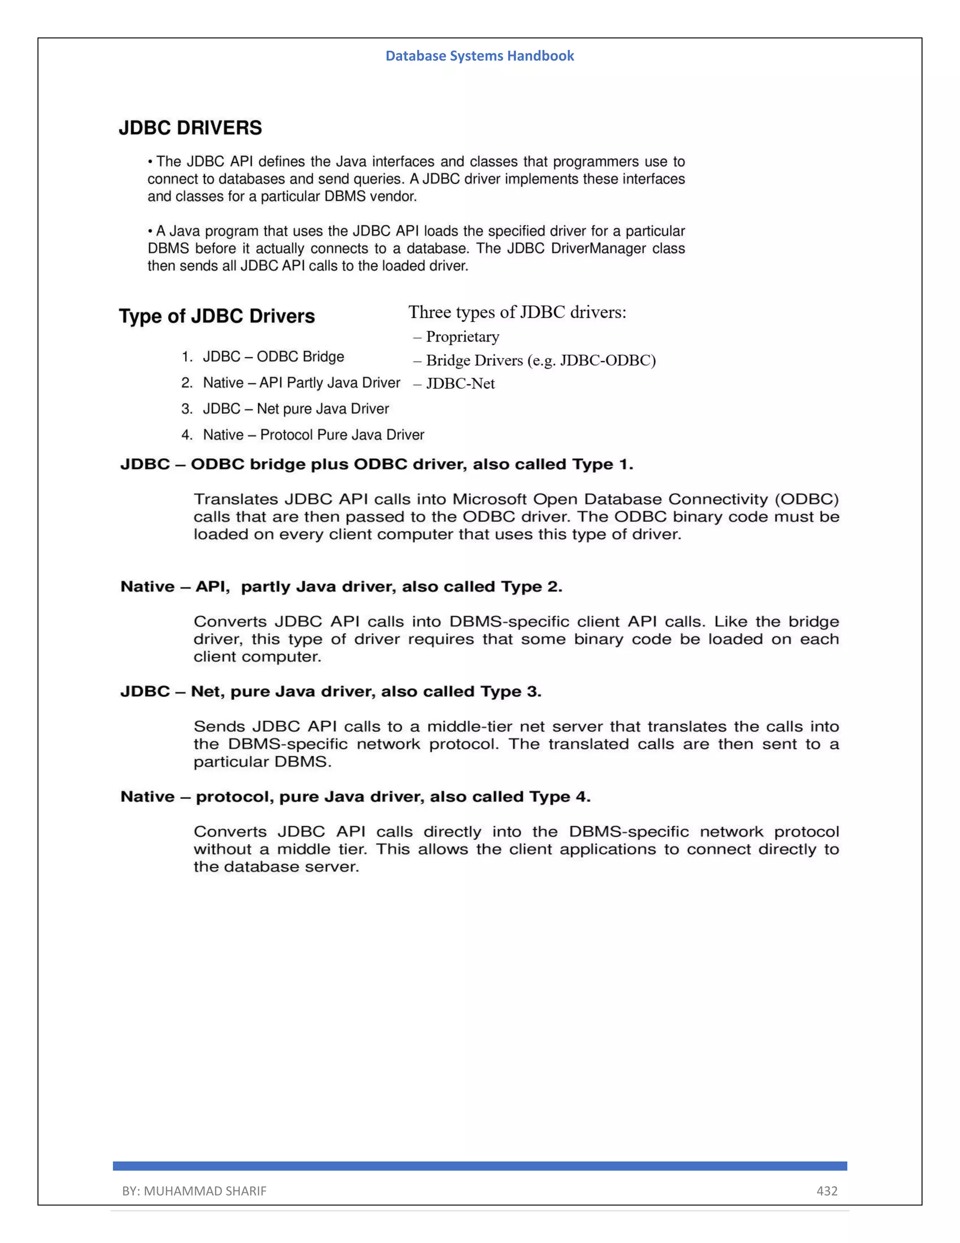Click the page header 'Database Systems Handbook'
pyautogui.click(x=480, y=56)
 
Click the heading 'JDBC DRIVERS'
pyautogui.click(x=190, y=128)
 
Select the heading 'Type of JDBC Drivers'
pyautogui.click(x=217, y=317)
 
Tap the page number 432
pyautogui.click(x=827, y=1190)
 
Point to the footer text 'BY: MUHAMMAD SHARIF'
pyautogui.click(x=194, y=1190)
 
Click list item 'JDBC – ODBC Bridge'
pyautogui.click(x=273, y=357)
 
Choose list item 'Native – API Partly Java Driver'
pyautogui.click(x=301, y=383)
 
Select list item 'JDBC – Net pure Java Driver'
pyautogui.click(x=296, y=409)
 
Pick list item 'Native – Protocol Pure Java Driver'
pyautogui.click(x=314, y=435)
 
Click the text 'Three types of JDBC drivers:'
pyautogui.click(x=517, y=312)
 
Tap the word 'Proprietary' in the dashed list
pyautogui.click(x=462, y=337)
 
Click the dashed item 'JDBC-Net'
pyautogui.click(x=460, y=384)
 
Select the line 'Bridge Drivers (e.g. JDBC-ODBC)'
pyautogui.click(x=540, y=361)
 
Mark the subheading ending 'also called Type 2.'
pyautogui.click(x=341, y=587)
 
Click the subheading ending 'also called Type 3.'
pyautogui.click(x=330, y=691)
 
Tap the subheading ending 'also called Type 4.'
pyautogui.click(x=355, y=797)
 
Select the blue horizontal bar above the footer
pyautogui.click(x=480, y=1166)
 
